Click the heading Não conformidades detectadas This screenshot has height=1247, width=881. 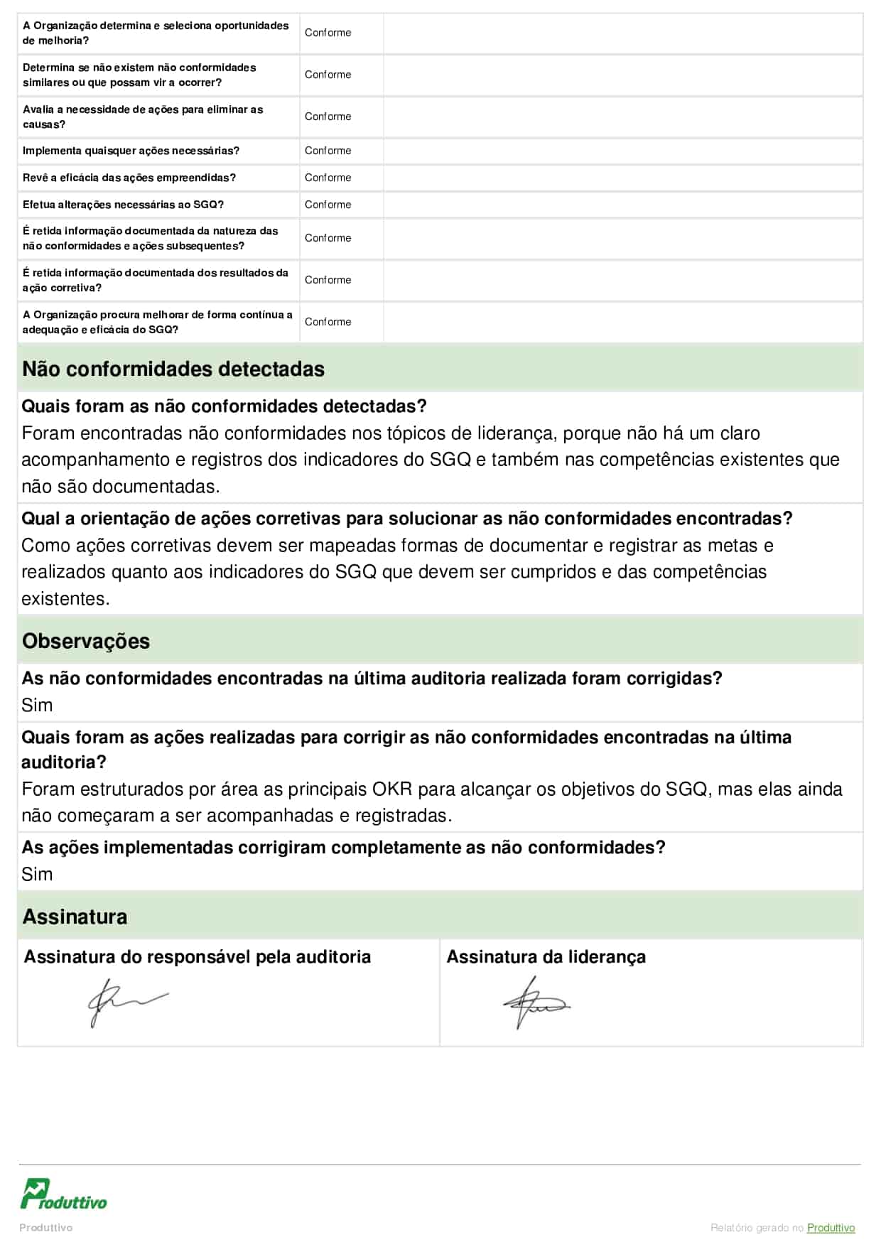tap(173, 369)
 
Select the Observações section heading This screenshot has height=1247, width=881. tap(86, 641)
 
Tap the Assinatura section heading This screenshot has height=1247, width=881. tap(75, 917)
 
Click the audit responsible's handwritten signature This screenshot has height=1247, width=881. tap(125, 1000)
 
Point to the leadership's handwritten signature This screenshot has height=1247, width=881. tap(536, 1003)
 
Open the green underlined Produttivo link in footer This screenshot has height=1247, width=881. tap(831, 1228)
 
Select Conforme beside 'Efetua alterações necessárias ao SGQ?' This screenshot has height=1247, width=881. tap(328, 205)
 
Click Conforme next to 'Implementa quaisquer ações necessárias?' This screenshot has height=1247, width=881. tap(328, 151)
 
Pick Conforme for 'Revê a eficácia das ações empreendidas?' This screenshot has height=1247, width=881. tap(328, 178)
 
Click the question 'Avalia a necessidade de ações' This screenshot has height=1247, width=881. tap(143, 117)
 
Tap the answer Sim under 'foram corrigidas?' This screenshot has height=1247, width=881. tap(37, 706)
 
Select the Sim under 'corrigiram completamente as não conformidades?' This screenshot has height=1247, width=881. tap(37, 875)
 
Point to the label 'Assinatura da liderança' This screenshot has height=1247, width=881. tap(546, 957)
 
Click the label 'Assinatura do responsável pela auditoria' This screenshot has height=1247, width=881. tap(198, 957)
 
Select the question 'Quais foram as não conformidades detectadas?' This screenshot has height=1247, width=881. tap(224, 406)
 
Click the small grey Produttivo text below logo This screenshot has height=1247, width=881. tap(45, 1228)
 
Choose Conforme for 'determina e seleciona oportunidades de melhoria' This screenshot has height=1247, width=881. tap(328, 33)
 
